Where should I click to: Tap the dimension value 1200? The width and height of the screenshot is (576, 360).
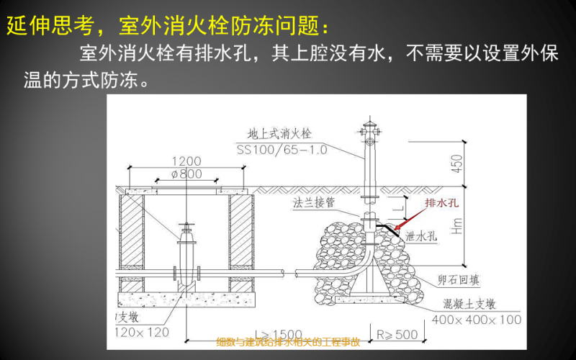point(187,161)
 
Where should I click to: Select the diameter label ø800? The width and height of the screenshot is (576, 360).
point(187,174)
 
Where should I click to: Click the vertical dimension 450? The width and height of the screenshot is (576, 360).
point(455,163)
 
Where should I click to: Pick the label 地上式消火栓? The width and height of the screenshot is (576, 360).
point(278,134)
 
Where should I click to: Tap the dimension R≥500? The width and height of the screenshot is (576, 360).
point(397,334)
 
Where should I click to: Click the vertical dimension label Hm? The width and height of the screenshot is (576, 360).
point(455,228)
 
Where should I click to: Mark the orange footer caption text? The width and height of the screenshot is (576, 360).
point(288,341)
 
